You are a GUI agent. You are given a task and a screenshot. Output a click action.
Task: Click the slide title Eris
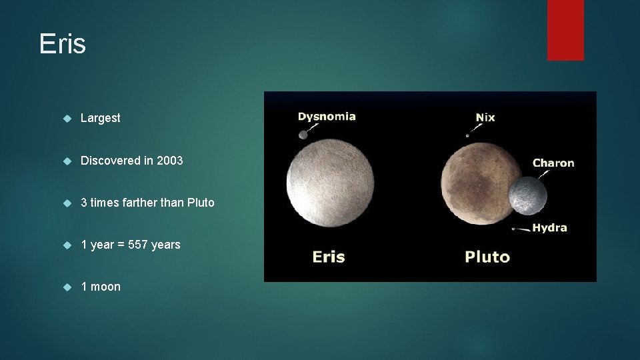63,44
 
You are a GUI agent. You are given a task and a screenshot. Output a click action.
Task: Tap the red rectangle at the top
565,29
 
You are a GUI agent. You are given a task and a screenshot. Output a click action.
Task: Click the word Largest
101,118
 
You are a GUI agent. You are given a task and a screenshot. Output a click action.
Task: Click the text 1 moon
101,287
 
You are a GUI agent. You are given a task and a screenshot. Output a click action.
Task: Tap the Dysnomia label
327,117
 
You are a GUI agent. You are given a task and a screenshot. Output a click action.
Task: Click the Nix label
485,117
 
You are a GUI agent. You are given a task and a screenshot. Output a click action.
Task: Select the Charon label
553,163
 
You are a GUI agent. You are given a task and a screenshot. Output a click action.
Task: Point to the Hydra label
549,228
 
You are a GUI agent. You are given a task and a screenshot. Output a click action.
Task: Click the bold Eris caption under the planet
329,257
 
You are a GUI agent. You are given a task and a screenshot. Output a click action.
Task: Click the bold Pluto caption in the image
487,257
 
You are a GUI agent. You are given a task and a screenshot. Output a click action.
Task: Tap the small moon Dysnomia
303,135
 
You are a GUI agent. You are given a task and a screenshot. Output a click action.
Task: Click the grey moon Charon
527,196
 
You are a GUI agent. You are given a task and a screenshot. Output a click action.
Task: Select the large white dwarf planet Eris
331,182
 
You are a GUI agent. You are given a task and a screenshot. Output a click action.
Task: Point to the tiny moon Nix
467,135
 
